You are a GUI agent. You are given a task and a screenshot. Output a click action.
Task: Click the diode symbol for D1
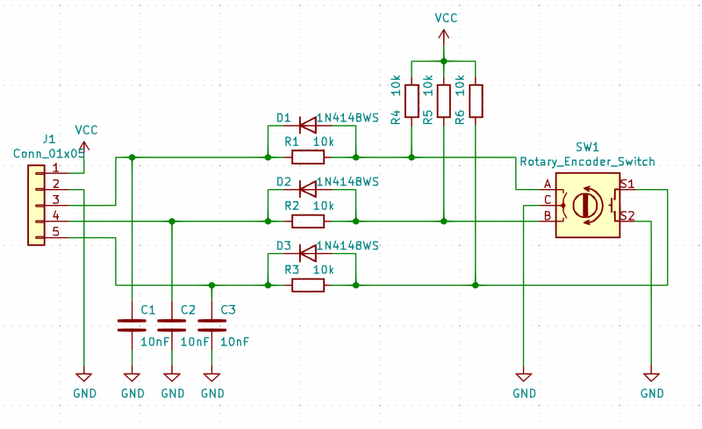click(x=308, y=124)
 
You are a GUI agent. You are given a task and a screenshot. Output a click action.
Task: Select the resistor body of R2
click(x=308, y=221)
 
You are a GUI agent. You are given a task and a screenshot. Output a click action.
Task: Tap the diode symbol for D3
click(x=308, y=252)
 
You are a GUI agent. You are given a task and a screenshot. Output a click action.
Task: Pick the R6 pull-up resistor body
click(x=475, y=101)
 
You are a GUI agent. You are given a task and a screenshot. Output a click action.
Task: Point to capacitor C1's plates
click(x=132, y=325)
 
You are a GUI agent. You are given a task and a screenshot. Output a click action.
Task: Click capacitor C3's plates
click(x=211, y=325)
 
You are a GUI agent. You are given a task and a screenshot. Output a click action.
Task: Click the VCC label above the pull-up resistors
click(x=446, y=18)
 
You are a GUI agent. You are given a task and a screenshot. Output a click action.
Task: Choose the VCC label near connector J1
click(x=86, y=129)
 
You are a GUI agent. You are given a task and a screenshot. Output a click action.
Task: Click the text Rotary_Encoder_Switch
click(x=587, y=162)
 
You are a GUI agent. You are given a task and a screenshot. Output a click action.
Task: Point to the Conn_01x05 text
click(x=49, y=152)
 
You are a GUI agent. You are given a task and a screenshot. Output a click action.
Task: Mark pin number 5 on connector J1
click(x=55, y=231)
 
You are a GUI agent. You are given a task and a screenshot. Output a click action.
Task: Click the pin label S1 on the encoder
click(x=627, y=184)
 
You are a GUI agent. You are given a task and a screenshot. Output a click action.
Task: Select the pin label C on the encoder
click(x=548, y=200)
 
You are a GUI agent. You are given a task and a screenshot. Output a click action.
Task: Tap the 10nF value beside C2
click(x=195, y=342)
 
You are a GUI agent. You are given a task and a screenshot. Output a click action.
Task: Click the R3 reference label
click(x=291, y=269)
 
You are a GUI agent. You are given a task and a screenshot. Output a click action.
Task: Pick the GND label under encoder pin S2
click(x=652, y=393)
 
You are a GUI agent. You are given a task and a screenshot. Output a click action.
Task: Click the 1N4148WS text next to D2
click(x=347, y=182)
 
